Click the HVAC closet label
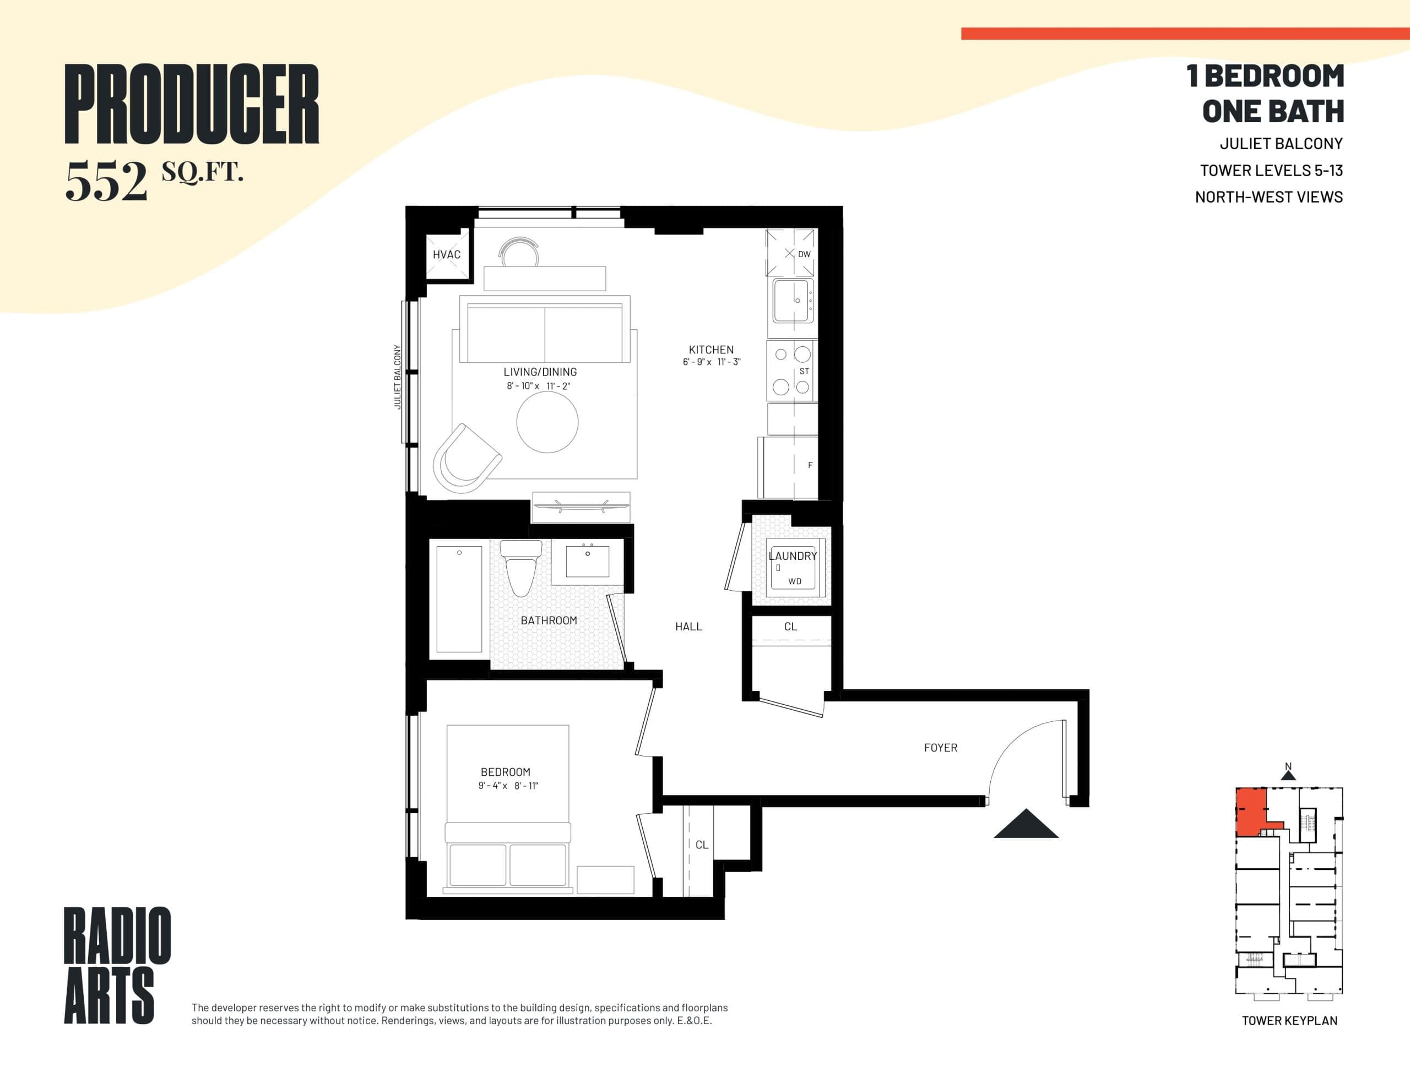tap(446, 254)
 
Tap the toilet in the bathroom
tap(520, 569)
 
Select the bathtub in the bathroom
tap(459, 599)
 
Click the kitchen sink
tap(793, 301)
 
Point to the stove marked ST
tap(792, 371)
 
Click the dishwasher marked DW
tap(791, 253)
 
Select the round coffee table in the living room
tap(547, 422)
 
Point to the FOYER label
tap(940, 748)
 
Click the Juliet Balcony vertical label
tap(398, 377)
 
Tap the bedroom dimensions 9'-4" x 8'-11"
tap(507, 786)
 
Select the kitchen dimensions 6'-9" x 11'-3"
tap(711, 362)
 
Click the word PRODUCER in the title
tap(192, 104)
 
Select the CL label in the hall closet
tap(790, 627)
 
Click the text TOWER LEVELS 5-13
tap(1271, 171)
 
